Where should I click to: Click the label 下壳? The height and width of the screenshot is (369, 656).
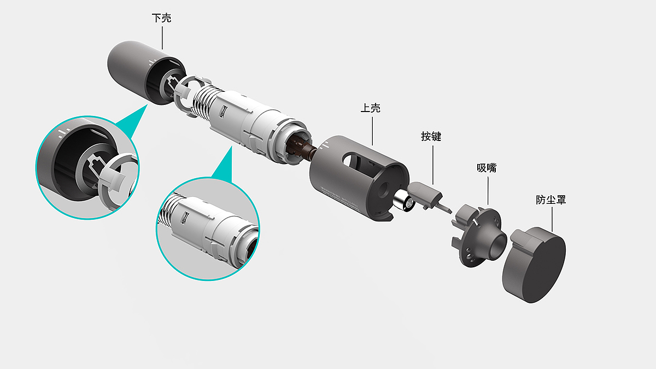coord(161,18)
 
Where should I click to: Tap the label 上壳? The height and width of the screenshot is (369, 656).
coord(370,108)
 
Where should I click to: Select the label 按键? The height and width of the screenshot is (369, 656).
coord(431,137)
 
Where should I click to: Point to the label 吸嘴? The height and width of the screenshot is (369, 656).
coord(487,168)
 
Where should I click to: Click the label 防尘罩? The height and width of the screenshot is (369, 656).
coord(551,200)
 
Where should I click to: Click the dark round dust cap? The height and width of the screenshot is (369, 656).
coord(535,265)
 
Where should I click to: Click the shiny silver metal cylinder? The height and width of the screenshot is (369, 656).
coord(403,201)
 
